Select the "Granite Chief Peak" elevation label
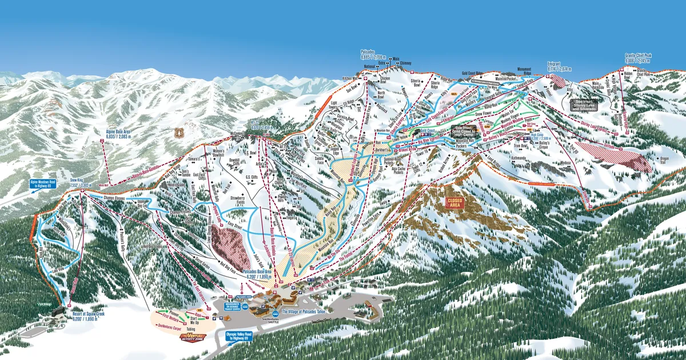tap(638, 58)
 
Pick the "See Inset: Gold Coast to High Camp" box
tap(466, 131)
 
